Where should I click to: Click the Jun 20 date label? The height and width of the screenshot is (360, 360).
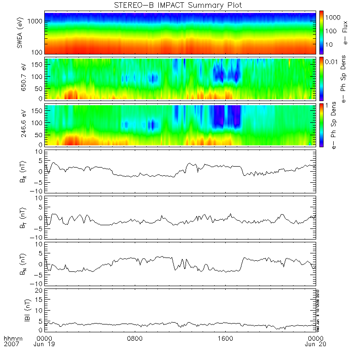click(316, 344)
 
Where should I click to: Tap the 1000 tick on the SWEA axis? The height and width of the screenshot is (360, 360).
click(36, 21)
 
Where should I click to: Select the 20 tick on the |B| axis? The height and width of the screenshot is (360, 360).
click(40, 290)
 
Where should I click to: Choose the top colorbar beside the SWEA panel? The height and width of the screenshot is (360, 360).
click(321, 33)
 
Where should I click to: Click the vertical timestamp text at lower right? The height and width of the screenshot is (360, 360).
click(318, 310)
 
